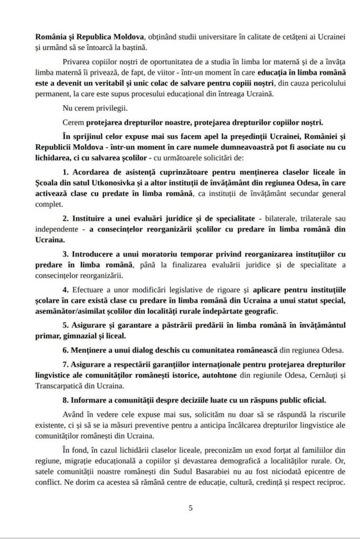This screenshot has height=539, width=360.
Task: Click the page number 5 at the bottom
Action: click(x=191, y=509)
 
